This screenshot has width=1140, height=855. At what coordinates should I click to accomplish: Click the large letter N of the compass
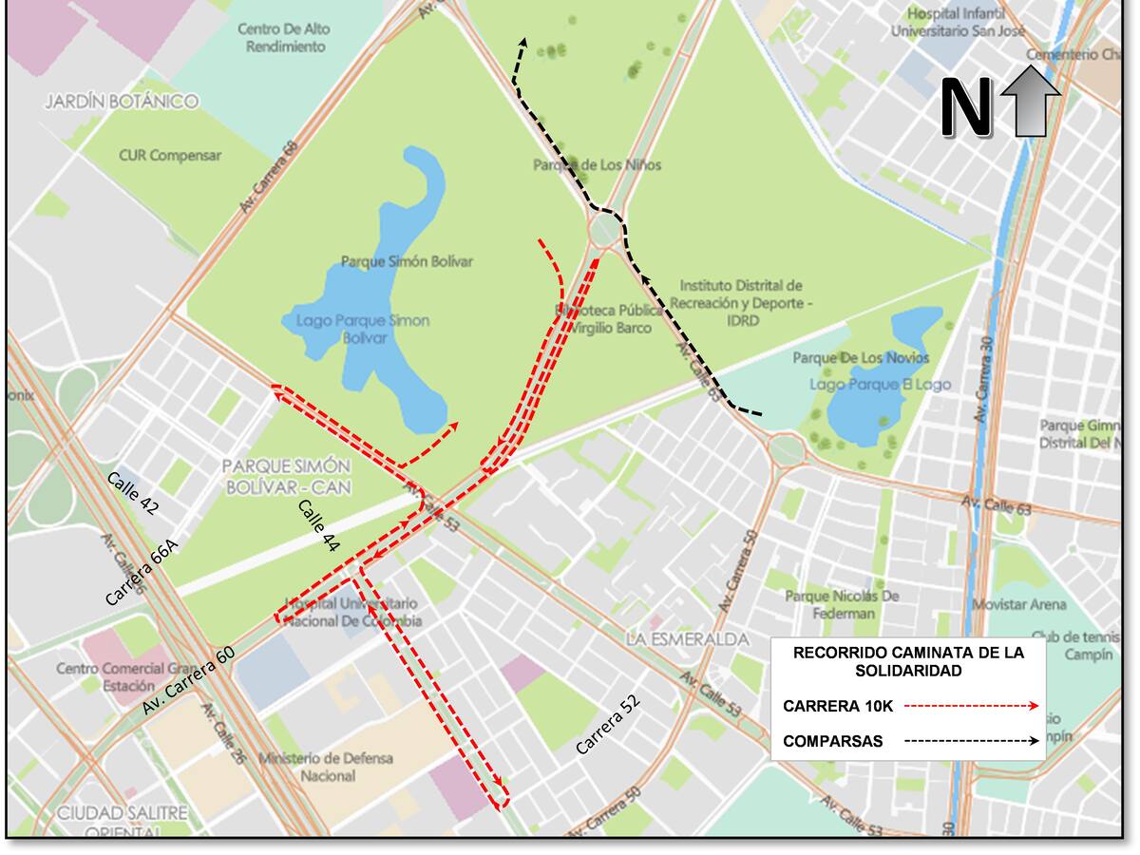click(965, 107)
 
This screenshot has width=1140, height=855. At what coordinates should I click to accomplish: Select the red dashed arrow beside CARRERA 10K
click(969, 707)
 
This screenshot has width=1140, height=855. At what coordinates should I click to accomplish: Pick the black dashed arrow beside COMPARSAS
click(969, 741)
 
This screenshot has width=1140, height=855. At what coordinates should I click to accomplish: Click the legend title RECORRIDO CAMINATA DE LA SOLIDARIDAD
click(909, 661)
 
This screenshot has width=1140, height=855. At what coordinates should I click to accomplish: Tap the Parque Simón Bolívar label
click(407, 261)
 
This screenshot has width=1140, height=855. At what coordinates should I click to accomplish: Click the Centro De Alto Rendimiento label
click(285, 38)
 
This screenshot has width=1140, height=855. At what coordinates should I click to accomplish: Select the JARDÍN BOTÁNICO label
click(122, 101)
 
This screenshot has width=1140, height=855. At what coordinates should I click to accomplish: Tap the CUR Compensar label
click(170, 155)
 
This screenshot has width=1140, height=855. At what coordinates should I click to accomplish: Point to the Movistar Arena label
click(1018, 604)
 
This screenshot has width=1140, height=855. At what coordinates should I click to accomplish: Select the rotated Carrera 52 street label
click(608, 725)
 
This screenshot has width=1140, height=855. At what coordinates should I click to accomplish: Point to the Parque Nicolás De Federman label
click(842, 604)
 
